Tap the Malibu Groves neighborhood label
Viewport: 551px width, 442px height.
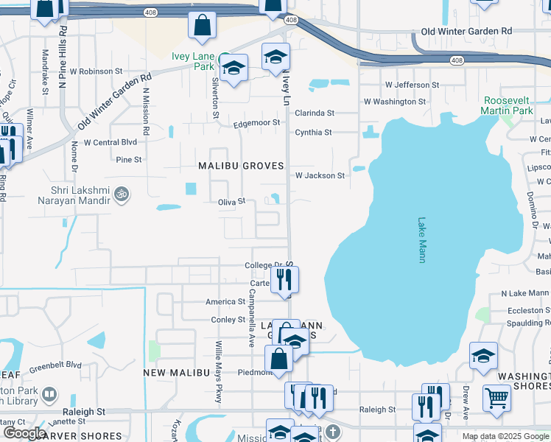tap(241, 166)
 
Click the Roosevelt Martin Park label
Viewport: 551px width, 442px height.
tap(507, 105)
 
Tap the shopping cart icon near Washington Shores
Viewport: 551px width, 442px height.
tap(497, 398)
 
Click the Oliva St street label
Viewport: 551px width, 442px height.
tap(231, 202)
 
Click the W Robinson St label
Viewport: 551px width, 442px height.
tap(96, 71)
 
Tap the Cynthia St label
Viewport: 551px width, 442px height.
tap(315, 133)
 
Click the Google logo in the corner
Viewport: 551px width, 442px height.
tap(24, 432)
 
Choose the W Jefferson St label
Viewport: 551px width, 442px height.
tap(401, 85)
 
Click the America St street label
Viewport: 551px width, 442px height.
tap(225, 302)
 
